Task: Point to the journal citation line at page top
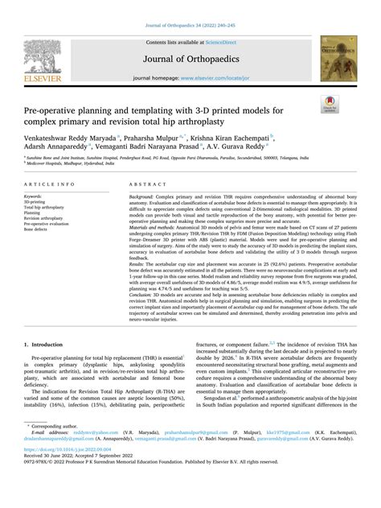(190, 26)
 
